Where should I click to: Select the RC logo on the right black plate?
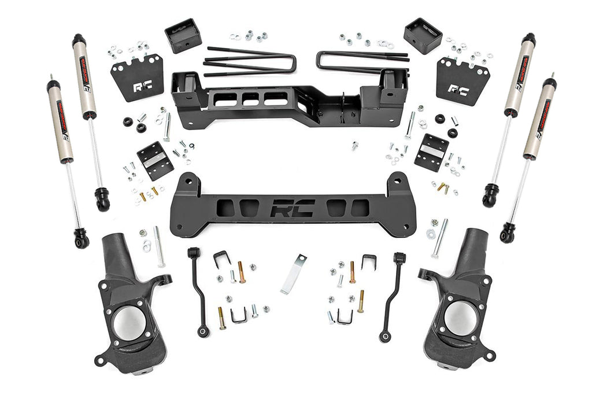point(458,90)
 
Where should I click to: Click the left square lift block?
point(183,36)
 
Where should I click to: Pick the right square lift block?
point(423,36)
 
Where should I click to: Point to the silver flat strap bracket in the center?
point(293,274)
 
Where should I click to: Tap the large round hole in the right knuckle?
point(461,318)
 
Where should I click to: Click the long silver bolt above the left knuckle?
point(159,246)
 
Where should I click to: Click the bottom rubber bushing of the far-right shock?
point(508,232)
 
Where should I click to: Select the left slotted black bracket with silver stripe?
point(155,161)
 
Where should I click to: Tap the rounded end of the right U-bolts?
point(321,59)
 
